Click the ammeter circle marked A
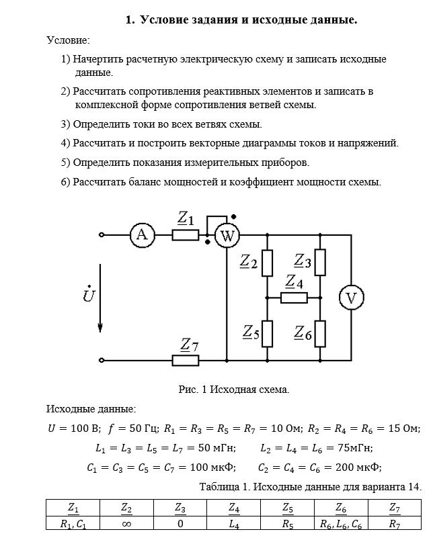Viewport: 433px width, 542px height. [142, 235]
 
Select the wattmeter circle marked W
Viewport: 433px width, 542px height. [227, 236]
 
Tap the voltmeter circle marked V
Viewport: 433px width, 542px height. [351, 298]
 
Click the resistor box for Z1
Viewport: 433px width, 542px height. [186, 235]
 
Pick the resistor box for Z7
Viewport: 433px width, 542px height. [186, 361]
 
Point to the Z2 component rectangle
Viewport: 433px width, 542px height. [267, 263]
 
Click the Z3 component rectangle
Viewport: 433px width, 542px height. [320, 263]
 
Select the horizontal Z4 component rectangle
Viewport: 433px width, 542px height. [294, 298]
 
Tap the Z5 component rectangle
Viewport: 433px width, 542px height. [267, 332]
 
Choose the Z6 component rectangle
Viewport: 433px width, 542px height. [320, 332]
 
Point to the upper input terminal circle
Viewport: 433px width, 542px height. [102, 235]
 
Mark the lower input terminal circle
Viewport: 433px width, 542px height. [102, 361]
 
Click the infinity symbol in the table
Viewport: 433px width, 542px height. [126, 523]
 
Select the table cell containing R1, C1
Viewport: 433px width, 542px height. [73, 523]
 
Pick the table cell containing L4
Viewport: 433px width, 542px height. [234, 523]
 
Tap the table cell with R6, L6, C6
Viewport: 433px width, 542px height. [341, 523]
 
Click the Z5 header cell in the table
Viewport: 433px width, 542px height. [288, 508]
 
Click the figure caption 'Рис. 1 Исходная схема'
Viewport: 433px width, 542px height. [234, 390]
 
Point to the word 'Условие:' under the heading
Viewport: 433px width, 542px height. [68, 41]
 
